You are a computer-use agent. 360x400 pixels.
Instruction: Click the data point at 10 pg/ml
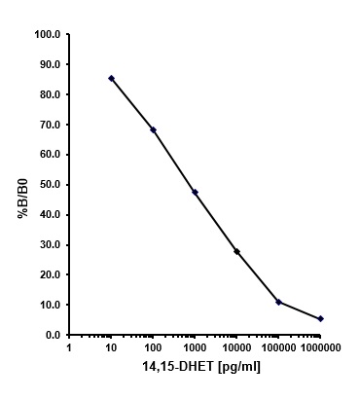111,78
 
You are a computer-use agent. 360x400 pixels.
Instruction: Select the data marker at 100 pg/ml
153,129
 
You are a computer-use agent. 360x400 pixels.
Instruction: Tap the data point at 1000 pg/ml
195,192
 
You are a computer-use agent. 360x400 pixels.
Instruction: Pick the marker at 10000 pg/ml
236,251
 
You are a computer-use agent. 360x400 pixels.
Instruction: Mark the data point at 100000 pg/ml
278,302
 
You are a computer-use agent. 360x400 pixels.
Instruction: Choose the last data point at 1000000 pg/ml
320,318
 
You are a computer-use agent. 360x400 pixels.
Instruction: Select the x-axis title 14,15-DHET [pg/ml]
195,367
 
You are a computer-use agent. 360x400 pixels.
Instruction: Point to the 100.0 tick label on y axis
47,34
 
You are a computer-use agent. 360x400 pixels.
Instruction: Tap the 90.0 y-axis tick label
49,64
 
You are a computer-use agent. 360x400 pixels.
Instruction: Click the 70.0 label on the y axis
49,125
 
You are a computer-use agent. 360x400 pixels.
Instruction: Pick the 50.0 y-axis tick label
49,185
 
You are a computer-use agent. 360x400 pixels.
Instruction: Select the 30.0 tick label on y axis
49,244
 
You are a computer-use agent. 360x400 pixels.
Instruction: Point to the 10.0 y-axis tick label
49,305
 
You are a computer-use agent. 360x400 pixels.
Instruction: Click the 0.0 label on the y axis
52,335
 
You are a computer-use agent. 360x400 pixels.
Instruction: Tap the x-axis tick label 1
69,346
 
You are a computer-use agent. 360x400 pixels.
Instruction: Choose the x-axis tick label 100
153,346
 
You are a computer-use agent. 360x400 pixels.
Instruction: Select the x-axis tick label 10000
236,346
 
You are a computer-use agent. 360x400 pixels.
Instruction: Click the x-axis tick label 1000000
320,346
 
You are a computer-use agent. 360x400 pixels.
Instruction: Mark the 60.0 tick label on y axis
49,155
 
